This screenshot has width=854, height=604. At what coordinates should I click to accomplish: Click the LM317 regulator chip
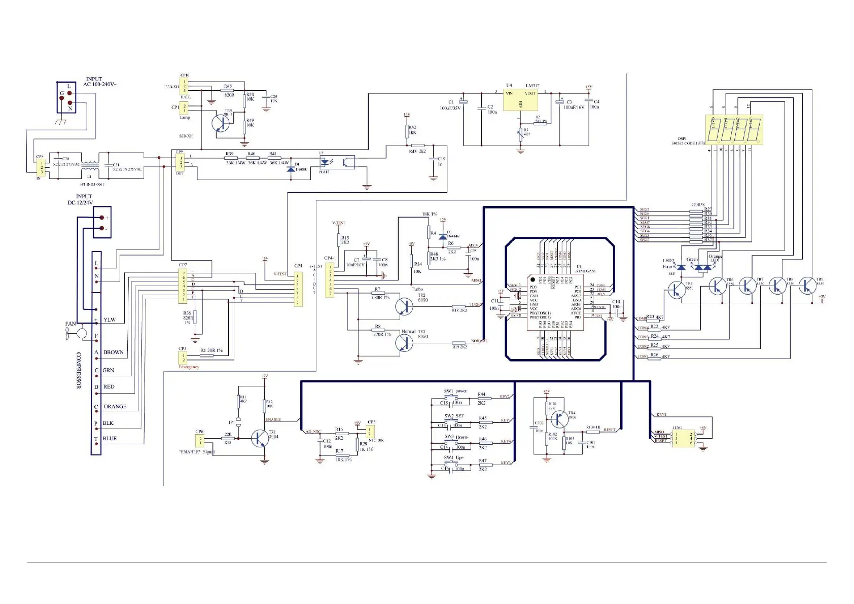coord(520,100)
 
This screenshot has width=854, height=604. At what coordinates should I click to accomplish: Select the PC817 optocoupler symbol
coord(336,162)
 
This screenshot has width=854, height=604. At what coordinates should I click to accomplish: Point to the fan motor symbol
coord(82,333)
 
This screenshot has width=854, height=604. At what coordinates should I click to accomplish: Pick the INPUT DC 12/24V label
coord(81,199)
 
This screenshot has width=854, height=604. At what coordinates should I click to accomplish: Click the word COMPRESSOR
coord(79,370)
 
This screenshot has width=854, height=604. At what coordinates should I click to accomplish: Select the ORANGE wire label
coord(115,406)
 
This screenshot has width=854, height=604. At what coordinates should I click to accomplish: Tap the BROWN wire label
coord(113,352)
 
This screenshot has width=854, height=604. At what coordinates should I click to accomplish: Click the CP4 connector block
coord(298,289)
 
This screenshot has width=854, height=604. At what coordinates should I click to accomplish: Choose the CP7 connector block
coord(184,286)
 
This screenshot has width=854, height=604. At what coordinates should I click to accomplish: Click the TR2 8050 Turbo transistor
coord(404,306)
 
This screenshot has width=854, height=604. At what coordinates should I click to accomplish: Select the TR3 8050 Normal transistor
coord(405,343)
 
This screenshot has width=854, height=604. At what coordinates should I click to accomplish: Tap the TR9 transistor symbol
coord(807,286)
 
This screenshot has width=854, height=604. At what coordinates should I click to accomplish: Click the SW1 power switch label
coord(455,391)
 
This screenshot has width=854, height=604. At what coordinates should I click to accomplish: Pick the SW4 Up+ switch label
coord(454,457)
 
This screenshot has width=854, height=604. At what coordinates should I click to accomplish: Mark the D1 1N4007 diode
coord(291,167)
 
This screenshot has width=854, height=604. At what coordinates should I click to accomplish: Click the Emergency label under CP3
coord(189,367)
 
